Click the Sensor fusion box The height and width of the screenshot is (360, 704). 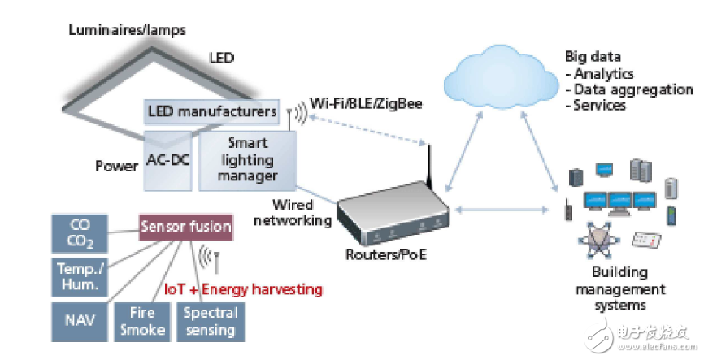point(186,227)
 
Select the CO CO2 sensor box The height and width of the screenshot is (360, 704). point(80,233)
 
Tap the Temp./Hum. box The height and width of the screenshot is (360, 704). point(80,277)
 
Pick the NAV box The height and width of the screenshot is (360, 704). point(80,321)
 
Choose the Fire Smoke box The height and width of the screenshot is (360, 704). point(142,321)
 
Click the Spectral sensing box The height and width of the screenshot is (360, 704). point(211,321)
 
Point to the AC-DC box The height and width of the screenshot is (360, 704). point(168,161)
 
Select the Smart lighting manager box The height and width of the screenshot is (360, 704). point(247,160)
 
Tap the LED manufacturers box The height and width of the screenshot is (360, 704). point(212,111)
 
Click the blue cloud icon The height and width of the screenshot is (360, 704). point(501,77)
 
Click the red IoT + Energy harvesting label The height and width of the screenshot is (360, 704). point(243,289)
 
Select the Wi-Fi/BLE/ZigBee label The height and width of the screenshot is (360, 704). point(366,104)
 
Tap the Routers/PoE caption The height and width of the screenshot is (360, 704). point(386,254)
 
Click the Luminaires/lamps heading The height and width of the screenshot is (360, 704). point(127,31)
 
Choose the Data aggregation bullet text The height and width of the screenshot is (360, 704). point(633,89)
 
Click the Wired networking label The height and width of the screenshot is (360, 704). point(293,213)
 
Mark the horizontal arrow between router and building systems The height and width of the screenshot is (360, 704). point(502,209)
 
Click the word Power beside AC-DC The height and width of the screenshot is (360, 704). point(117,166)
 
